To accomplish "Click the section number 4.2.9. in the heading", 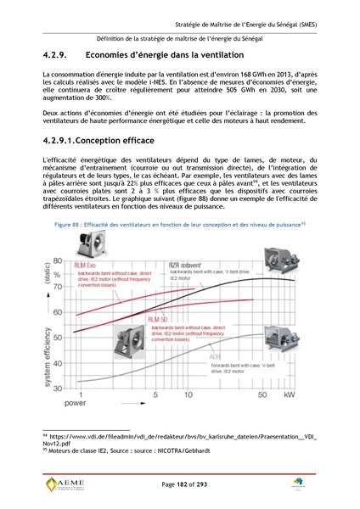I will [x=57, y=55].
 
